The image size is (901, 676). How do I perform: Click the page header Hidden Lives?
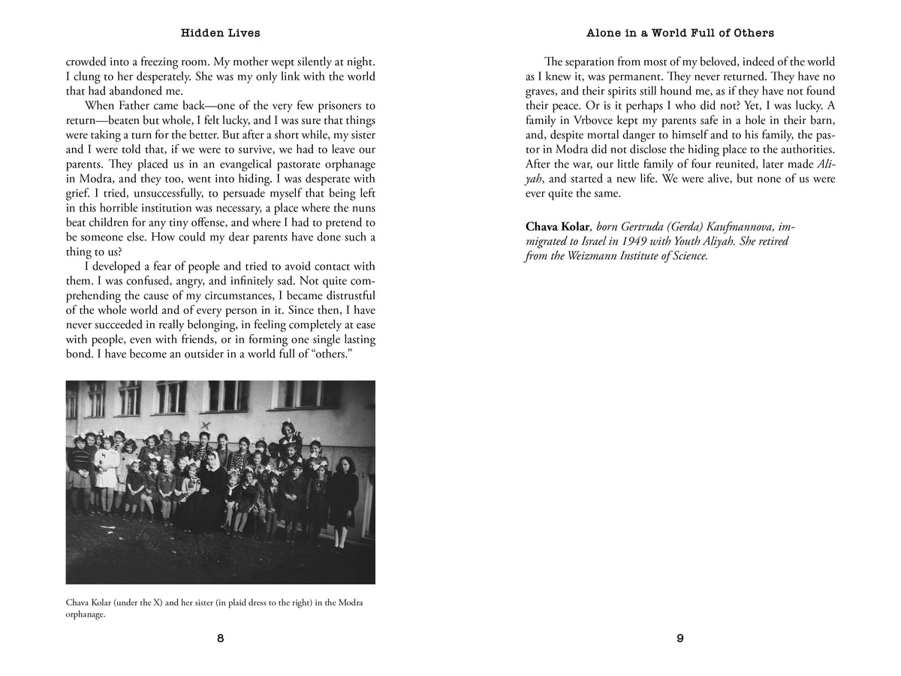(220, 33)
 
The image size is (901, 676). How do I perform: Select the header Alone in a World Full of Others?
(679, 33)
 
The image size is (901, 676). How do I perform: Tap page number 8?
(220, 638)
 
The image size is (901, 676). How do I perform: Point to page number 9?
(680, 638)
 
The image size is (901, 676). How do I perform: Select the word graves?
(543, 91)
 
